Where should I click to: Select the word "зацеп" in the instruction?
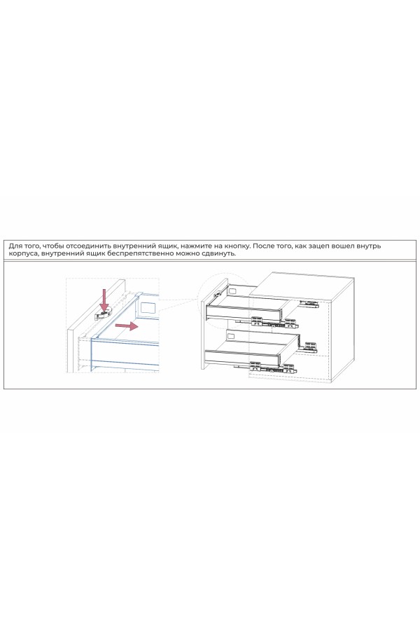327,246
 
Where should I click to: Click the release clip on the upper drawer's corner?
218,293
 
